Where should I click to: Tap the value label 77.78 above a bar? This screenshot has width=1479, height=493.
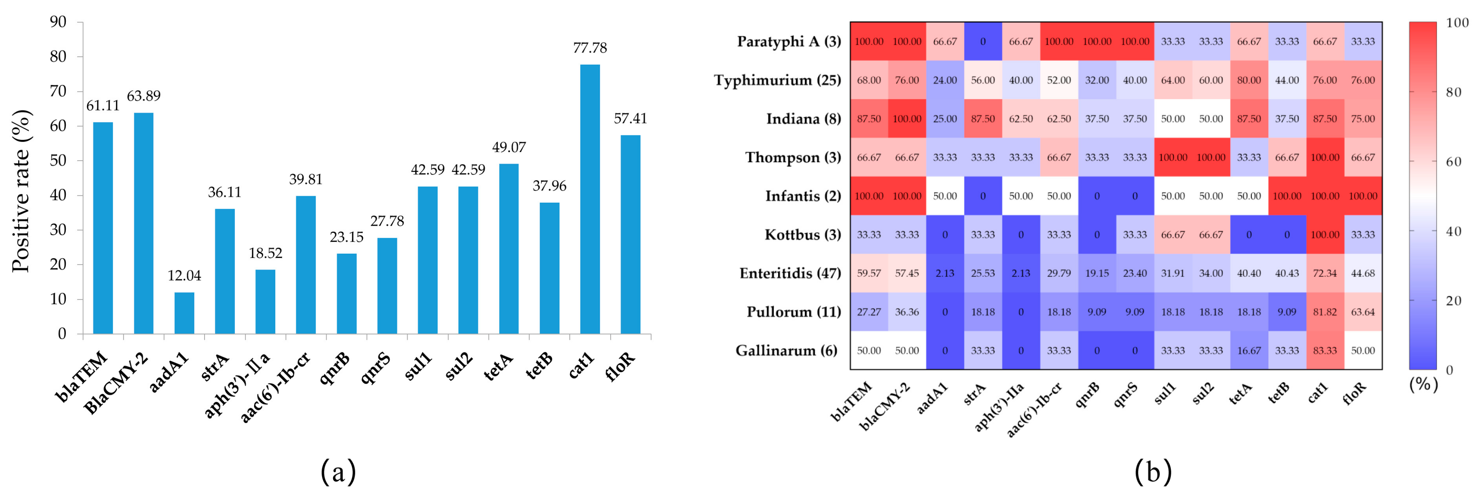tap(590, 48)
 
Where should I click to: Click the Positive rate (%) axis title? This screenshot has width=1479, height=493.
tap(21, 191)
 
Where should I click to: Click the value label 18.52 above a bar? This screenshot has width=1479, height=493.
tap(265, 253)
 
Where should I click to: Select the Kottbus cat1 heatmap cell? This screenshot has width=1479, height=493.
tap(1324, 235)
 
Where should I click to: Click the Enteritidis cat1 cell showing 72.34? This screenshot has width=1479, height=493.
tap(1324, 273)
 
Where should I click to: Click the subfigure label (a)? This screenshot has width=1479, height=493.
tap(338, 472)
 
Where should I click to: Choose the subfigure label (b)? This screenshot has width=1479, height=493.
tap(1152, 472)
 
